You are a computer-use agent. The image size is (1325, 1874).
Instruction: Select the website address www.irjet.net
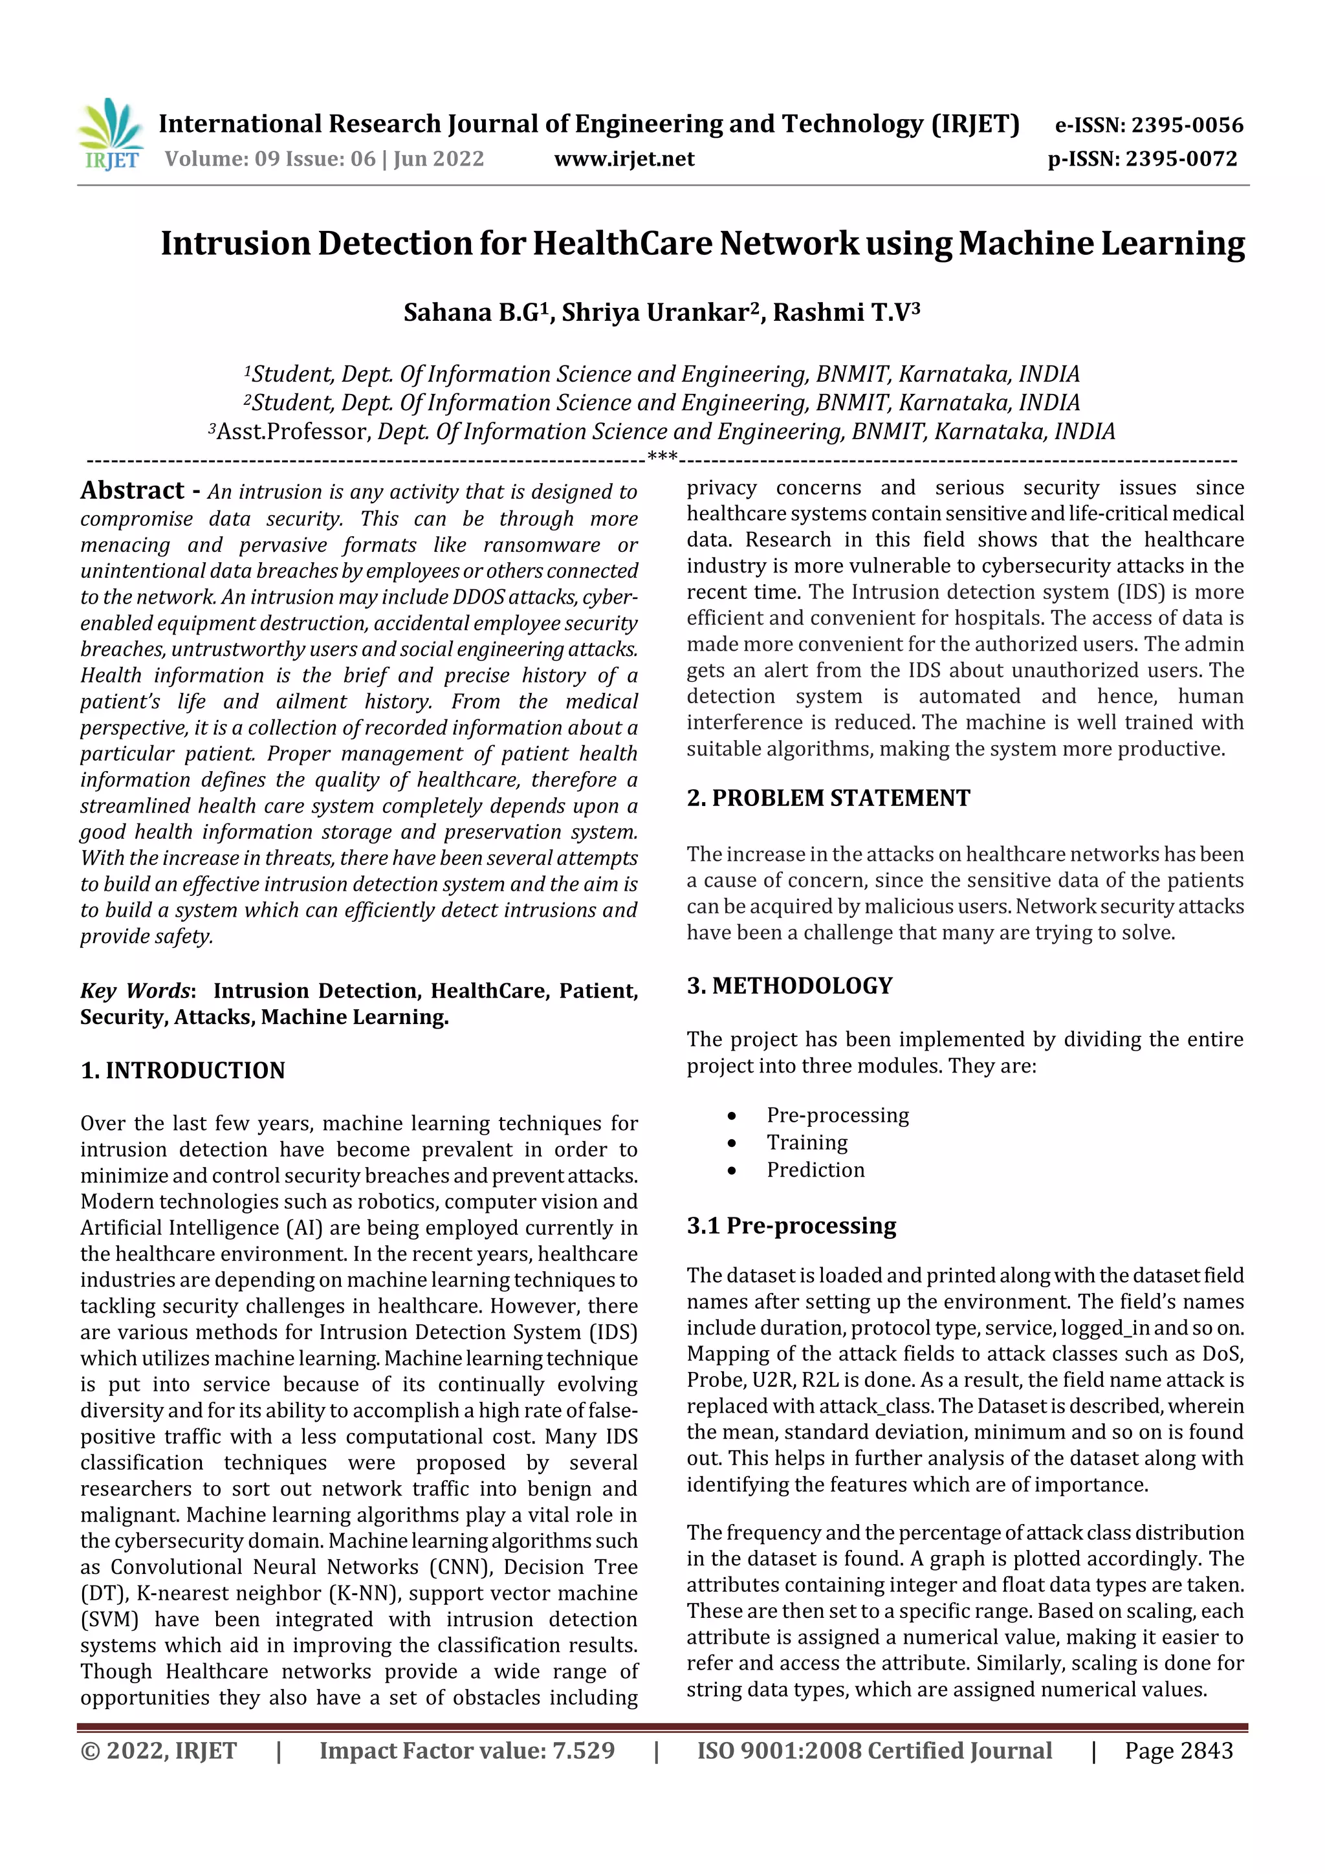click(x=624, y=158)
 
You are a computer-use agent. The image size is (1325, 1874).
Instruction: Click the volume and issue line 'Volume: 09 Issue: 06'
click(x=270, y=158)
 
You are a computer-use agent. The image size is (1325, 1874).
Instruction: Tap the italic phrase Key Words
click(x=135, y=991)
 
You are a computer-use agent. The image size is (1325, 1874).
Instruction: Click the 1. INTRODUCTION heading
click(x=183, y=1070)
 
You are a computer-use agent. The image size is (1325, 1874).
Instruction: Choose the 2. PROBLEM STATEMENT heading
click(x=828, y=798)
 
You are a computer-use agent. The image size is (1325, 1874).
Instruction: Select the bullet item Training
click(x=807, y=1142)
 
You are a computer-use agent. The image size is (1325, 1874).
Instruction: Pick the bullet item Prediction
click(x=815, y=1170)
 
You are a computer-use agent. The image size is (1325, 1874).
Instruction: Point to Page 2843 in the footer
click(x=1178, y=1750)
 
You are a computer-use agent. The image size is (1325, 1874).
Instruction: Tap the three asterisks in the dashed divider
click(x=661, y=456)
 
